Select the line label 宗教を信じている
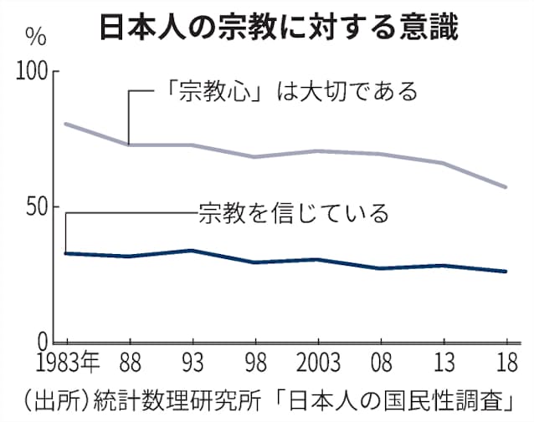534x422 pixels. point(293,213)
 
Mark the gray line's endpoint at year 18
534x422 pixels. point(506,187)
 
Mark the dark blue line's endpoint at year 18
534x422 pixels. point(506,272)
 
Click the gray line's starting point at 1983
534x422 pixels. point(66,124)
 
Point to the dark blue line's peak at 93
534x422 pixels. point(193,250)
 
